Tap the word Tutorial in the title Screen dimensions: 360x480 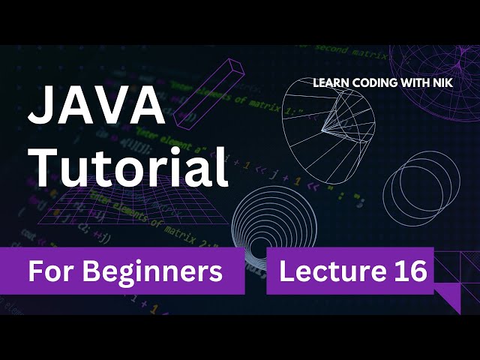pos(128,168)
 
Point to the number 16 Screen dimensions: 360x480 pos(408,271)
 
